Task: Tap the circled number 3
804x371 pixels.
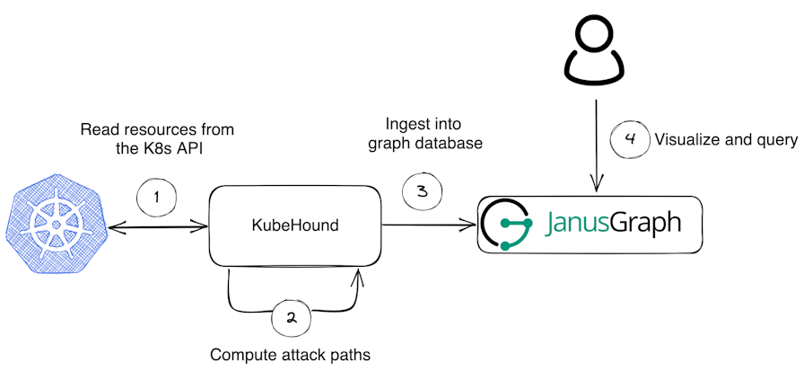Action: [422, 190]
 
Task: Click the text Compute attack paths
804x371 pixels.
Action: [290, 354]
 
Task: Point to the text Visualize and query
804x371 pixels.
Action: [726, 140]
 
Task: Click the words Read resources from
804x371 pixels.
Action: [157, 128]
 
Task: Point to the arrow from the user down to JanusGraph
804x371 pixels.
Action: [596, 144]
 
